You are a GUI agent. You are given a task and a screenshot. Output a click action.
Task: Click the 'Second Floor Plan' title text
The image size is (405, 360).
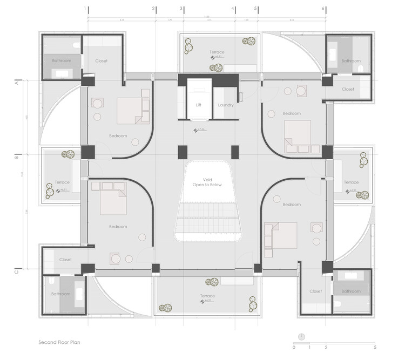[59, 342]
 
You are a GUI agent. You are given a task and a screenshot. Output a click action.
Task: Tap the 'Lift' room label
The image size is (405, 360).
[198, 105]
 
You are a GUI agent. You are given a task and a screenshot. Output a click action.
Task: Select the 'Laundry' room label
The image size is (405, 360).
[226, 105]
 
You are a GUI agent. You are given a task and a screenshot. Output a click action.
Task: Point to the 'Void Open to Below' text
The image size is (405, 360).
[208, 182]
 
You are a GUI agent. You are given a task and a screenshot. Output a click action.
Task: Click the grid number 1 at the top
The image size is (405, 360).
[85, 9]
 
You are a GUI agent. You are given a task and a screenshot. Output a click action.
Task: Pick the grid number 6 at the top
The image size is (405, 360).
[323, 9]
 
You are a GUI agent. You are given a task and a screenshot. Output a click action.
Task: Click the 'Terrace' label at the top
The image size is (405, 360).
[217, 52]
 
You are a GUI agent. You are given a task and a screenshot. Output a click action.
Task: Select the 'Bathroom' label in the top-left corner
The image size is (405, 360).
[62, 61]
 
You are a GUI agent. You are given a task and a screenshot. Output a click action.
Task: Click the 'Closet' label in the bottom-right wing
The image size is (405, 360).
[316, 291]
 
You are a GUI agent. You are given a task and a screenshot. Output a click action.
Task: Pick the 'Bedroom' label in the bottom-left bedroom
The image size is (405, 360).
[118, 227]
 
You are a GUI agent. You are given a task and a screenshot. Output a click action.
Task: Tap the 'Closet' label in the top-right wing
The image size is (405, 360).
[348, 89]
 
